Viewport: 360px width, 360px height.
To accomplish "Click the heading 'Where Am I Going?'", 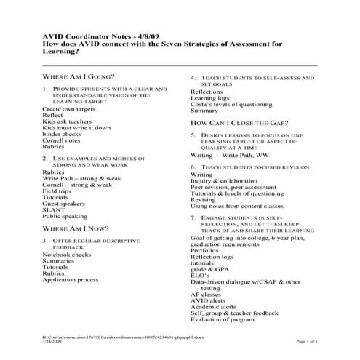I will (x=78, y=76).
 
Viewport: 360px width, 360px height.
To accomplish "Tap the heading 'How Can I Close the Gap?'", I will (x=240, y=123).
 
